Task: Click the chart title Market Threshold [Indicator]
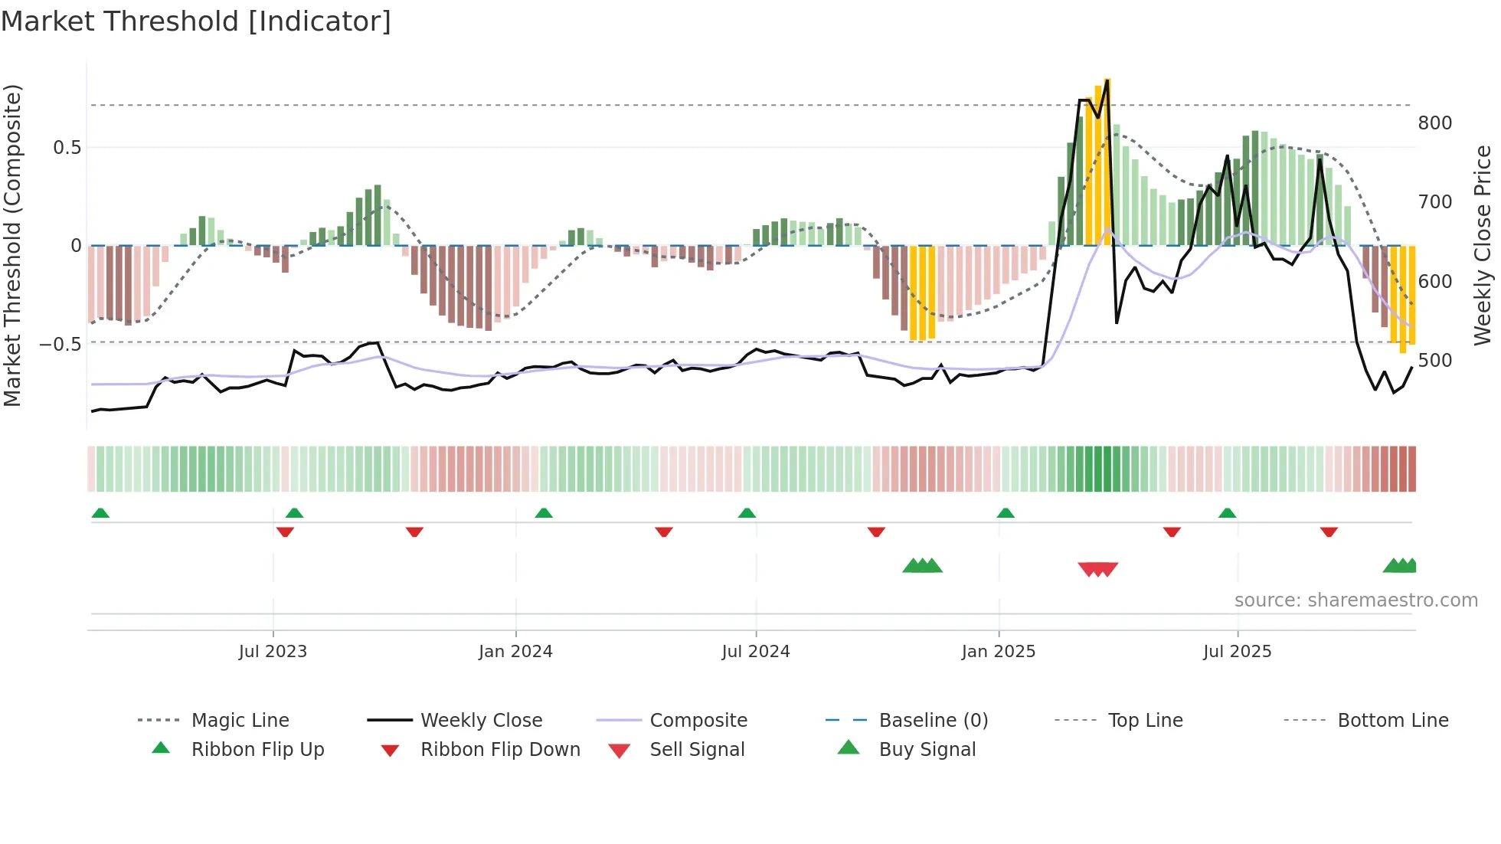click(x=196, y=21)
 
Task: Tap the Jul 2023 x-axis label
click(x=273, y=652)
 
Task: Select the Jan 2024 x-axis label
click(x=515, y=652)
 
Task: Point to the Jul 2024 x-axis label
click(x=756, y=652)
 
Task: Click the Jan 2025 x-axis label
click(x=999, y=652)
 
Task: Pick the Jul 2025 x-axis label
click(x=1238, y=652)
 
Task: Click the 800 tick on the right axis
click(x=1435, y=123)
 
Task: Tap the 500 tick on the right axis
click(x=1435, y=360)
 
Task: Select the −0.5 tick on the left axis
click(x=60, y=345)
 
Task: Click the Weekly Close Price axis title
click(x=1483, y=245)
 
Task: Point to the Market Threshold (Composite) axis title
click(x=12, y=245)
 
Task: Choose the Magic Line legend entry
click(x=240, y=721)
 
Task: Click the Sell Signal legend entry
click(x=697, y=750)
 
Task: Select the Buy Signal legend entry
click(x=927, y=750)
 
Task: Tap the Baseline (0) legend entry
click(x=933, y=721)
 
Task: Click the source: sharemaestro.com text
click(x=1355, y=600)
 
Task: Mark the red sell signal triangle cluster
click(x=1097, y=569)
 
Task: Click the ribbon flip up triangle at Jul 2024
click(x=747, y=513)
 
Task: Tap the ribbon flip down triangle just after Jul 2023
click(x=285, y=532)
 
